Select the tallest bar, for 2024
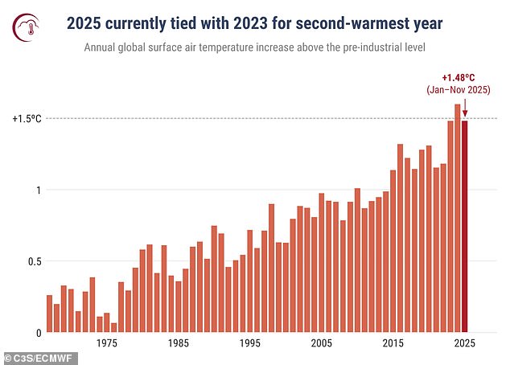[458, 218]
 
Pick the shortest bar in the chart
[114, 327]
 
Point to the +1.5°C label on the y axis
[27, 118]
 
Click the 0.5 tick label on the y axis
[31, 261]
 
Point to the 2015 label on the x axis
[393, 343]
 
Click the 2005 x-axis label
[322, 343]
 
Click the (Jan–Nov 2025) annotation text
[459, 90]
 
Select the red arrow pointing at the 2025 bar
[464, 108]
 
